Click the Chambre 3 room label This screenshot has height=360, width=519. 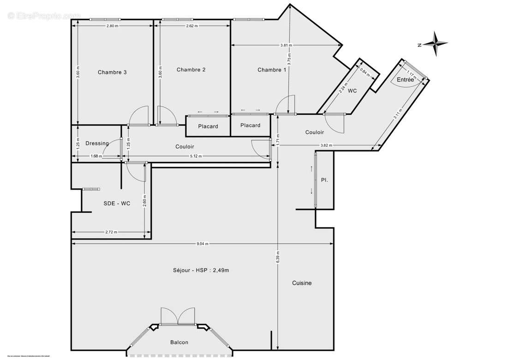tap(112, 72)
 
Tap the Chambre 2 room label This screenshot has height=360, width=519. tap(191, 70)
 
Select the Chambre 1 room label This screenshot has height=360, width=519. tap(271, 70)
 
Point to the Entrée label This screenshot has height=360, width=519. tap(405, 80)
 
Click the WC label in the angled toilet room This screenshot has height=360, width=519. tap(352, 91)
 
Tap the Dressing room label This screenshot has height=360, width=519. tap(97, 143)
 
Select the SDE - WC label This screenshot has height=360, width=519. tap(116, 203)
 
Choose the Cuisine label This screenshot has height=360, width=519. tap(302, 283)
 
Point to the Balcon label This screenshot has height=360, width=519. tap(179, 342)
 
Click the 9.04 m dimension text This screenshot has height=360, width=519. tap(202, 244)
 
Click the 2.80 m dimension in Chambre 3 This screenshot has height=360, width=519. tap(112, 26)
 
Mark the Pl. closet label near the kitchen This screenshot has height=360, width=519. tap(324, 180)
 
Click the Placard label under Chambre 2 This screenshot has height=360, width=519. tap(208, 126)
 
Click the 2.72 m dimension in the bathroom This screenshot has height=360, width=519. tap(111, 232)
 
